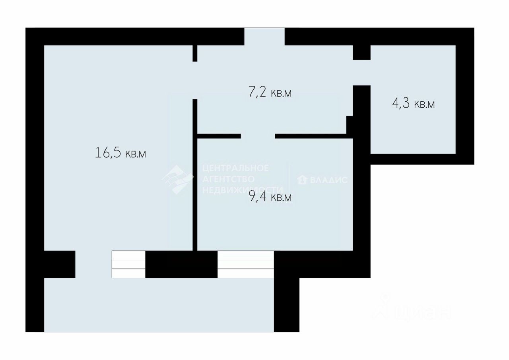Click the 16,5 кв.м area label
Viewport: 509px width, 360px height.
pos(120,152)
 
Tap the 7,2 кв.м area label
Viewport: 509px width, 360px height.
pos(270,92)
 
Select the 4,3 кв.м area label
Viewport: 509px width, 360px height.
pos(413,103)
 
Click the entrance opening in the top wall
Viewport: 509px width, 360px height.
pos(264,37)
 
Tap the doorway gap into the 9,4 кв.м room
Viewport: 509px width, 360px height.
pos(258,136)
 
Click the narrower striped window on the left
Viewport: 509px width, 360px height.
pos(128,264)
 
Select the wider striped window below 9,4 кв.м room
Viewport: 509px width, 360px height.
pos(246,264)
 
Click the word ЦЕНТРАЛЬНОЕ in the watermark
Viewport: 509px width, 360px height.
pos(235,168)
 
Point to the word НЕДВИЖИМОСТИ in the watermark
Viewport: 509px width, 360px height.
pos(243,190)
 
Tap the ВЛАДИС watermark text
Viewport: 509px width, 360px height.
pos(329,180)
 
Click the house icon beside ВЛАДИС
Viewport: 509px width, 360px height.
pos(302,180)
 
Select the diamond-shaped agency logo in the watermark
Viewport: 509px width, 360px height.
pos(178,180)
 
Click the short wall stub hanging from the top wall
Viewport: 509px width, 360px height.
pos(195,53)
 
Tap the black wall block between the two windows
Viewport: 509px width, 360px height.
pos(181,264)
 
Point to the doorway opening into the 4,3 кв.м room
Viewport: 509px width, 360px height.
pos(362,73)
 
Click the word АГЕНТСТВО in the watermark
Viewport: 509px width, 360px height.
pos(228,179)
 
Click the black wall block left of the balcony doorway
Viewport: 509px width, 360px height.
pos(60,264)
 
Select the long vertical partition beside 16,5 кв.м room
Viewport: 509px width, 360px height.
pos(195,175)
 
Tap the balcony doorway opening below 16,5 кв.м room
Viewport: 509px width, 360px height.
pos(93,264)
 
